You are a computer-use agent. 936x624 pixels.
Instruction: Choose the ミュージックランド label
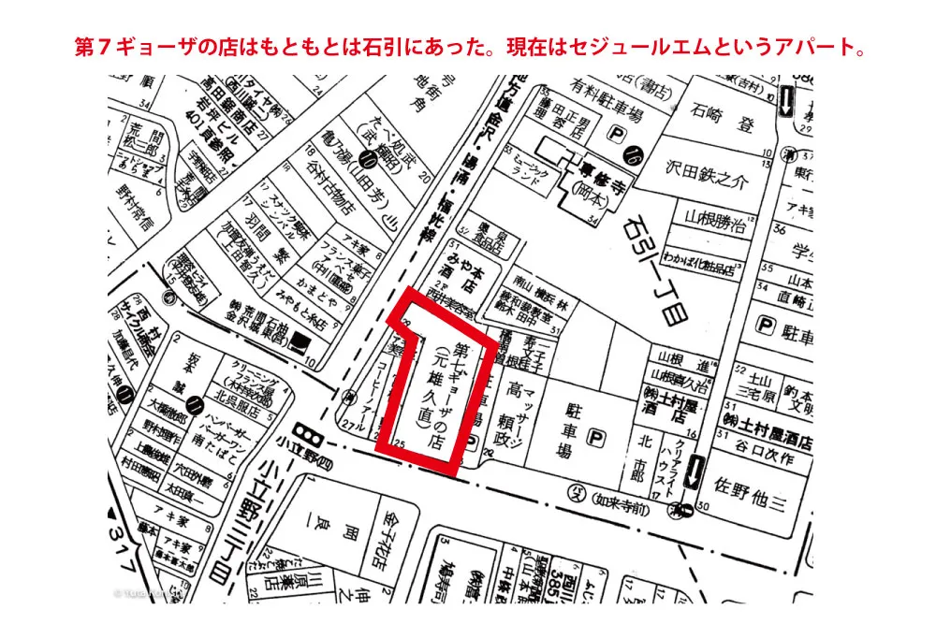click(545, 169)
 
